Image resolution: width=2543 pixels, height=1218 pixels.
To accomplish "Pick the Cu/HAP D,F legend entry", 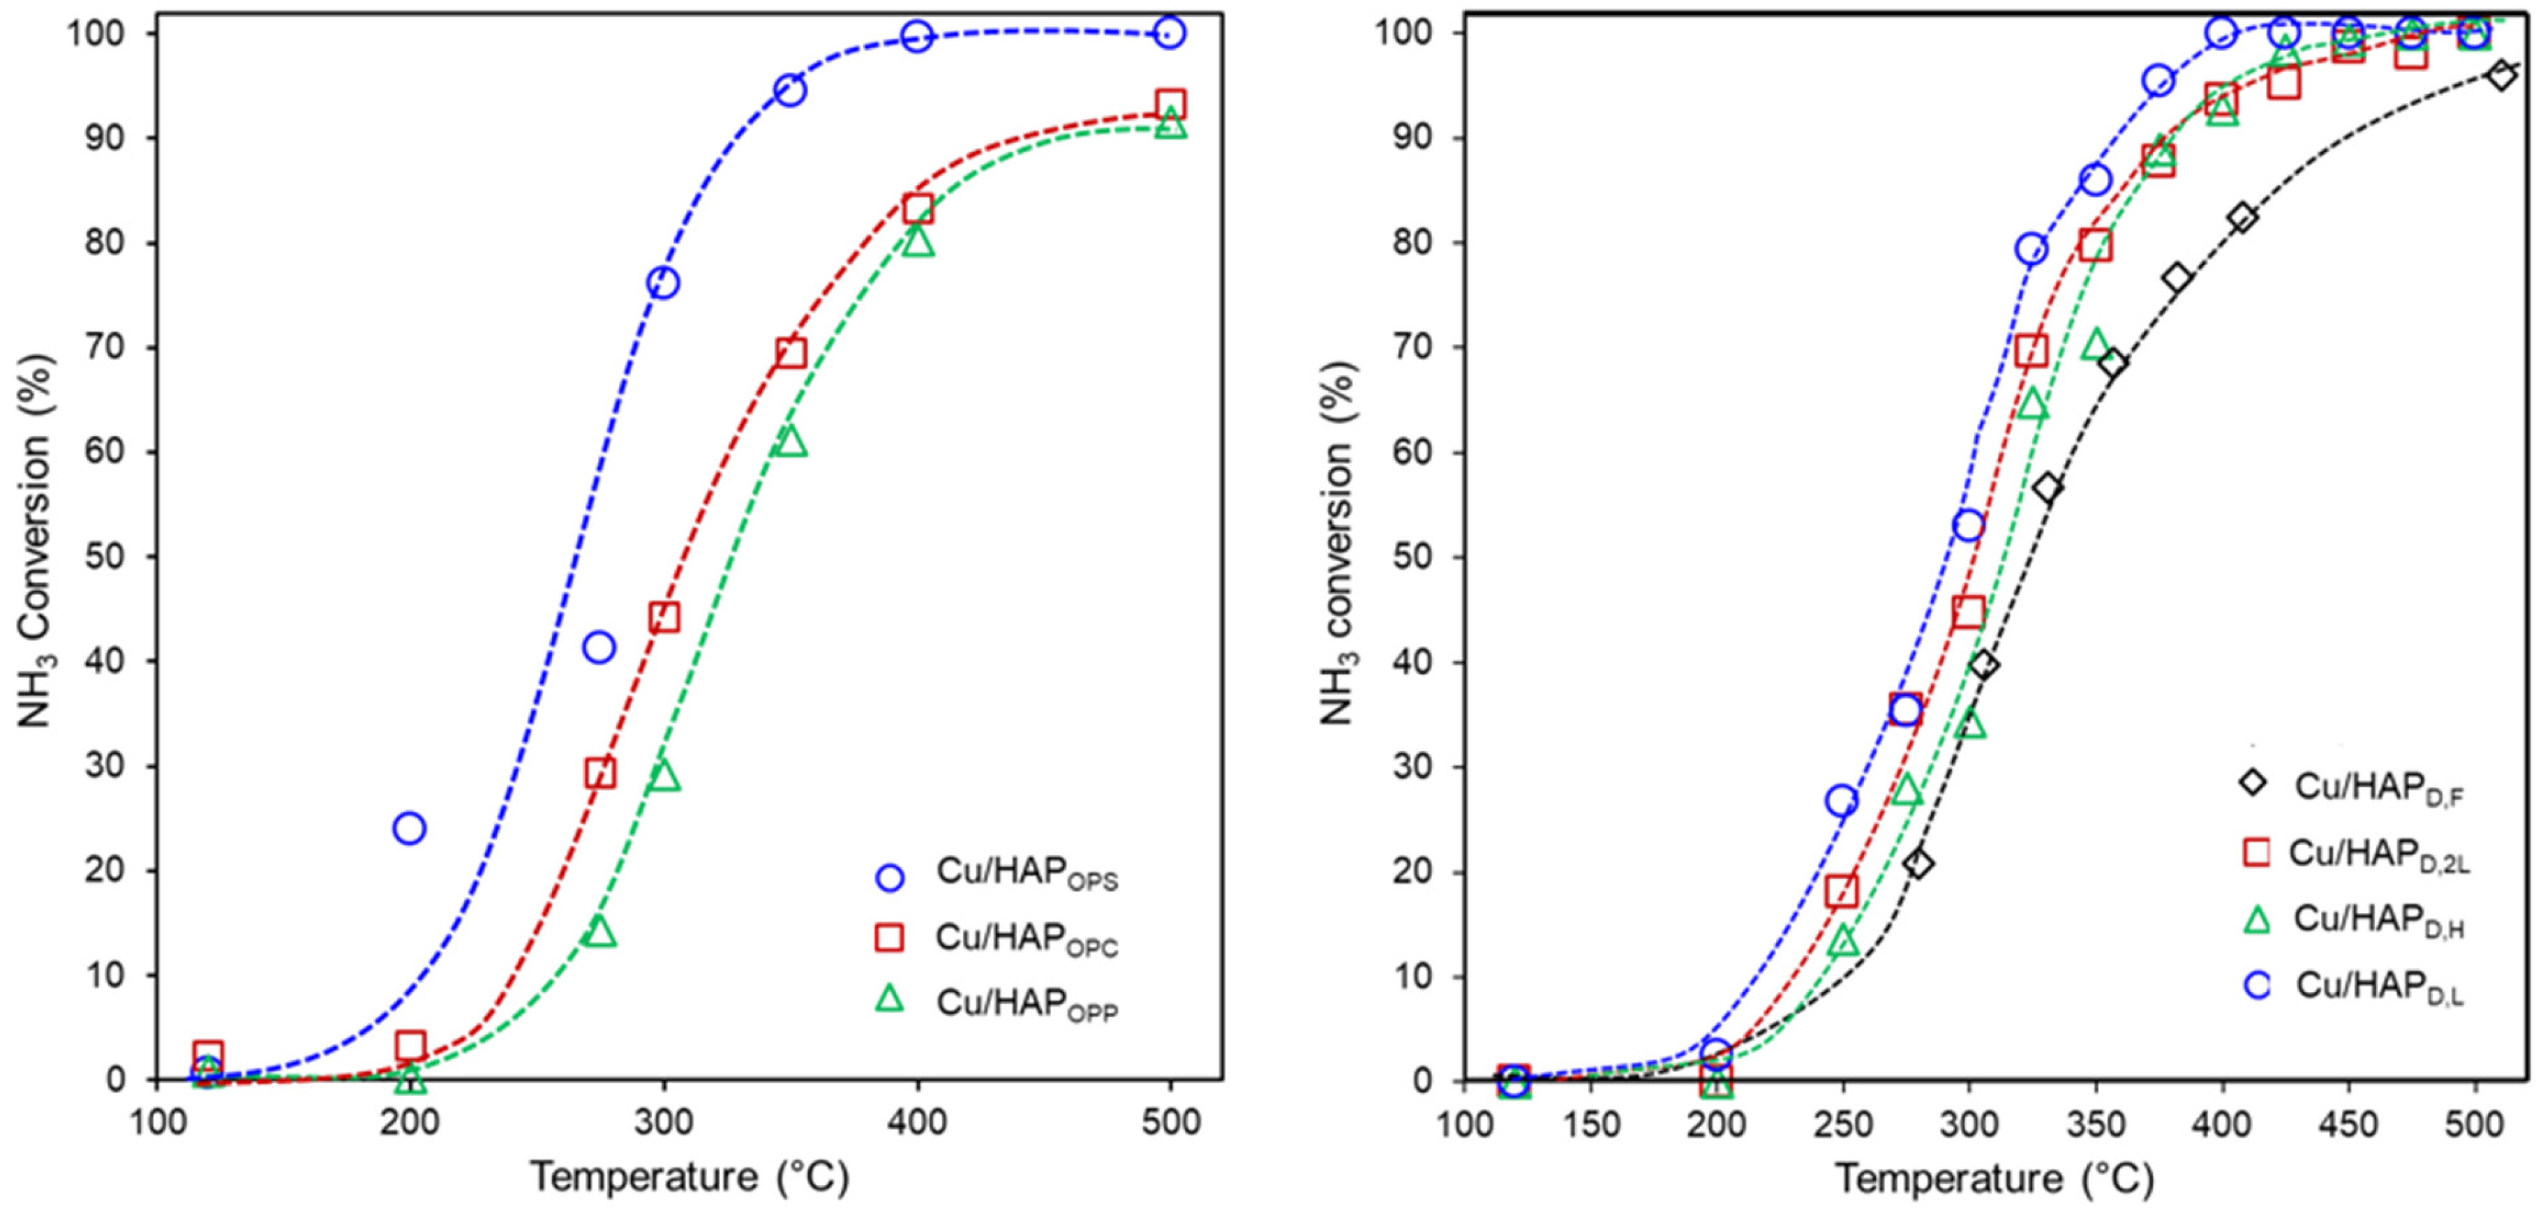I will tap(2377, 787).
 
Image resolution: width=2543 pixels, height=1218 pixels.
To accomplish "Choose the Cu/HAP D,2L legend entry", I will tap(2377, 854).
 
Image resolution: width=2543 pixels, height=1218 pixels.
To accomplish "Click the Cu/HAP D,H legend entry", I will tap(2377, 920).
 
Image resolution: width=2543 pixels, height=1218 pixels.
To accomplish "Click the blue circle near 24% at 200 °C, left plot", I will tap(409, 828).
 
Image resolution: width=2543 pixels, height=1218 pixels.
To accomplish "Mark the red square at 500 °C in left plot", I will tap(1170, 104).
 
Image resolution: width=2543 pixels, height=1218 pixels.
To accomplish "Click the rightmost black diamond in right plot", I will tap(2500, 75).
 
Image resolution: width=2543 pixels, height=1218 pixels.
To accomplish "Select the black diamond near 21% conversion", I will tap(1918, 864).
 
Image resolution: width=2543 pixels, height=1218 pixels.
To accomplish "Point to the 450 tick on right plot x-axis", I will tap(2348, 1125).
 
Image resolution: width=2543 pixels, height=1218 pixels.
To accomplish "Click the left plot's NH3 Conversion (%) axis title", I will tap(36, 543).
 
